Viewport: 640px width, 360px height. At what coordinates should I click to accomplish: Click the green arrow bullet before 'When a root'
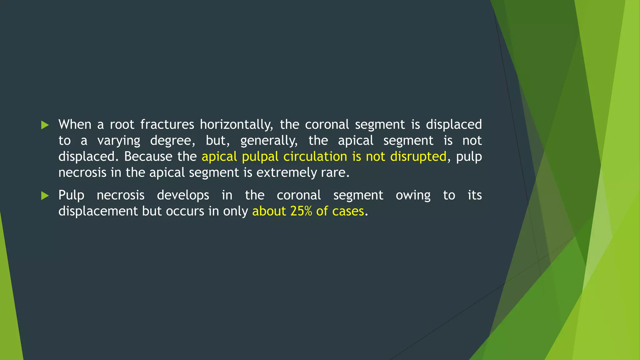click(x=45, y=125)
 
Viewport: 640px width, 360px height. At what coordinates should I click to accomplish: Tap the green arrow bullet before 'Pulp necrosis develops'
click(x=45, y=196)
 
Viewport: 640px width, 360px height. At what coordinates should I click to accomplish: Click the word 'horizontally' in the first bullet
click(x=236, y=125)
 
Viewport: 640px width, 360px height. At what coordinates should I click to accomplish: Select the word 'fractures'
click(x=167, y=125)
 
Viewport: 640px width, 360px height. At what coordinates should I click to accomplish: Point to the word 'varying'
click(x=119, y=141)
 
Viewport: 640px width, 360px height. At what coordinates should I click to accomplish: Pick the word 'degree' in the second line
click(x=172, y=141)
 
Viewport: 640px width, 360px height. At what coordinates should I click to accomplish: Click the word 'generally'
click(x=269, y=141)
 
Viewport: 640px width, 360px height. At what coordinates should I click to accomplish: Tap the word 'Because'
click(x=148, y=157)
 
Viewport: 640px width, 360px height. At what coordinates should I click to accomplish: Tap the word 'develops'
click(x=183, y=196)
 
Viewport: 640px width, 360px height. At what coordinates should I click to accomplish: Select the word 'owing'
click(x=413, y=196)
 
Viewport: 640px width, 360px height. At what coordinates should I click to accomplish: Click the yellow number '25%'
click(x=301, y=211)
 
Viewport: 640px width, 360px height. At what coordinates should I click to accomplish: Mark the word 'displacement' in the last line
click(x=98, y=212)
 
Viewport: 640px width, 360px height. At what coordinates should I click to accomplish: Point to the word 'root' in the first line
click(x=122, y=125)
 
